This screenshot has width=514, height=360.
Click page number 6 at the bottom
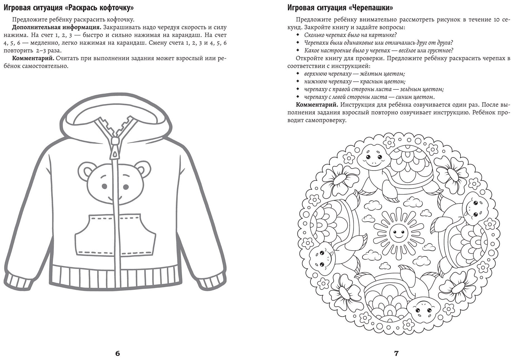coord(117,353)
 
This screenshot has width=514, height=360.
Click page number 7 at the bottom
coord(396,353)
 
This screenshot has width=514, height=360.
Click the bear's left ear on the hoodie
coord(85,170)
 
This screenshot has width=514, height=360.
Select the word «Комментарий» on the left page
coord(33,59)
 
